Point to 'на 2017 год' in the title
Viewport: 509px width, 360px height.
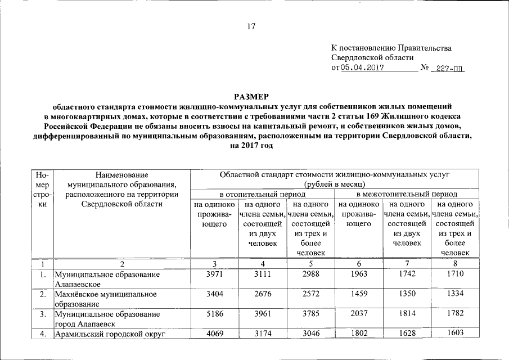251,145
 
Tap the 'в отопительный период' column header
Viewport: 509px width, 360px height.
263,193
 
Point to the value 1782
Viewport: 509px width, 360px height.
454,313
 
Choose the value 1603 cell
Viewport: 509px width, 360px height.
454,333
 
